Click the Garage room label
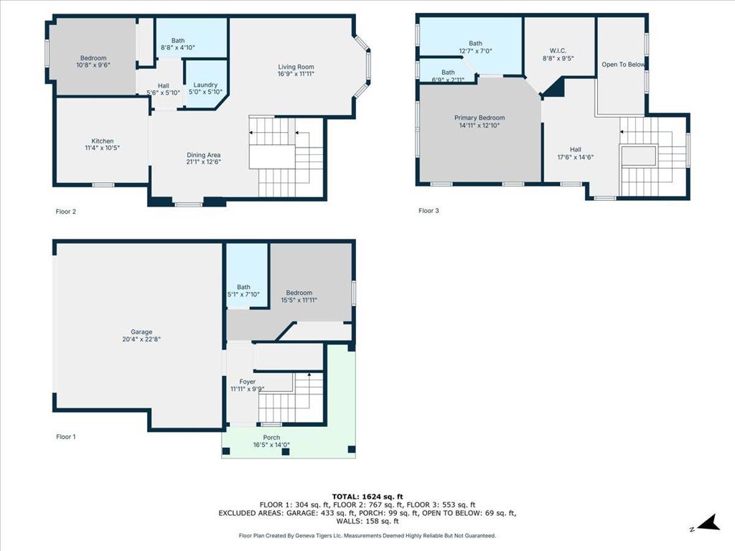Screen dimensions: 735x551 click(x=141, y=331)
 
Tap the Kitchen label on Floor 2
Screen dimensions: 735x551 click(x=102, y=141)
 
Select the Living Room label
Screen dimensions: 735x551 click(x=296, y=67)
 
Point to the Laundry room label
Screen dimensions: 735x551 click(x=205, y=85)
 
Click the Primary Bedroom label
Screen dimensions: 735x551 click(x=479, y=118)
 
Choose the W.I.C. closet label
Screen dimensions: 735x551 click(x=558, y=51)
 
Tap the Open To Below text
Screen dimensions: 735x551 click(x=624, y=65)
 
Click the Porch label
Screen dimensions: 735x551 click(x=271, y=438)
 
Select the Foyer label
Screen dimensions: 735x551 click(x=248, y=382)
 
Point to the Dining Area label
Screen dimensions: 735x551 click(x=203, y=155)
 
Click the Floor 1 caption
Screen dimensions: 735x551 click(x=66, y=437)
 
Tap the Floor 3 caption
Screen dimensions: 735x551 click(x=429, y=211)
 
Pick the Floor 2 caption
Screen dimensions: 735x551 click(x=65, y=212)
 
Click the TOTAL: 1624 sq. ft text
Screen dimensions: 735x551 click(x=367, y=496)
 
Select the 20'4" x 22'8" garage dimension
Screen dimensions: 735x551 click(x=141, y=339)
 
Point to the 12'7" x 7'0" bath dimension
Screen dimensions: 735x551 click(x=475, y=51)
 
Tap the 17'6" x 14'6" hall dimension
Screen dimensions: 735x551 click(x=575, y=157)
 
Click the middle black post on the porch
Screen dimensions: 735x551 click(x=286, y=452)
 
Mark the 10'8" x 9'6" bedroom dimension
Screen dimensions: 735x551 click(x=93, y=65)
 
